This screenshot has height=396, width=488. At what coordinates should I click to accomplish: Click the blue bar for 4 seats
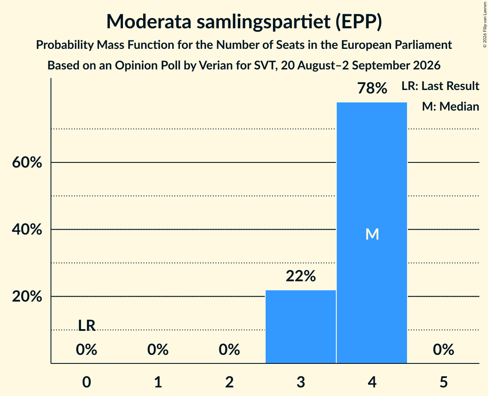372,233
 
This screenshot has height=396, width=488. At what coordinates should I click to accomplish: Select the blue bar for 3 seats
301,327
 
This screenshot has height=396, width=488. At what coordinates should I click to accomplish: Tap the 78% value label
372,88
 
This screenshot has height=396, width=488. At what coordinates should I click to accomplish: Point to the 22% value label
301,276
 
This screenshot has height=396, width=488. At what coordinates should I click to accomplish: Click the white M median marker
372,234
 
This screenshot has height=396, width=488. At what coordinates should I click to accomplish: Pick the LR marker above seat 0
87,326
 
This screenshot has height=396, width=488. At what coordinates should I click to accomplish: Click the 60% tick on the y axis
27,162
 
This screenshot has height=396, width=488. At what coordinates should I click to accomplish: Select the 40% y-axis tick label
27,229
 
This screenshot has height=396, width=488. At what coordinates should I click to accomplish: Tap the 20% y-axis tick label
27,297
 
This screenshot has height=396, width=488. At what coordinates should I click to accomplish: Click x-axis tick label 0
87,382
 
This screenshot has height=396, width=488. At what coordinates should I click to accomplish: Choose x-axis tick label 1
158,382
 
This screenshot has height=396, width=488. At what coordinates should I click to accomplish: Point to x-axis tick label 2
229,382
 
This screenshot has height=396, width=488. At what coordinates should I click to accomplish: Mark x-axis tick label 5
443,382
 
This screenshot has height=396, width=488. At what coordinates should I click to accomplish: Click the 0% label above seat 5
443,349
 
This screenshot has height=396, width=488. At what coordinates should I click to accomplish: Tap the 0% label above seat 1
158,349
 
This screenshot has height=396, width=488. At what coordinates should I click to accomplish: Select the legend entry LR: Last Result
440,86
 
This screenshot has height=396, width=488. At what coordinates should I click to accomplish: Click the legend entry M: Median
450,106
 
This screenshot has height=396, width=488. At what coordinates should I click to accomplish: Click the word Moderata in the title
149,21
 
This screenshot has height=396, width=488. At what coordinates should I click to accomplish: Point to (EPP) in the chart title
359,22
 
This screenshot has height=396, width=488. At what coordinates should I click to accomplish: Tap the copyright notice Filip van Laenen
485,24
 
